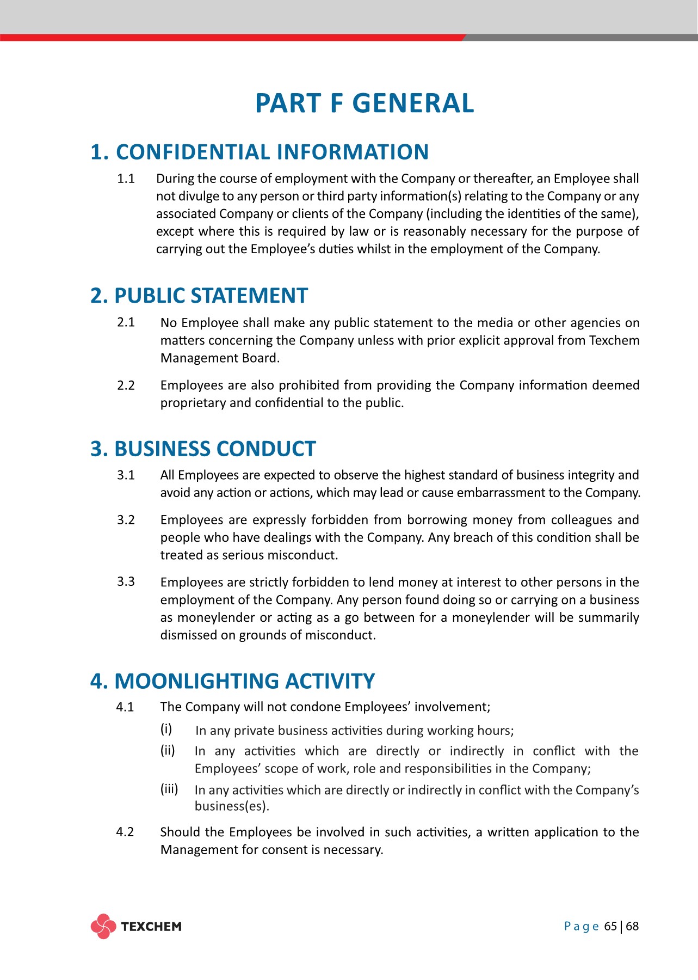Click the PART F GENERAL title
pyautogui.click(x=365, y=103)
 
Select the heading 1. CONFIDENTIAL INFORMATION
pyautogui.click(x=260, y=152)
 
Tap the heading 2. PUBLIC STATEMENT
pyautogui.click(x=199, y=296)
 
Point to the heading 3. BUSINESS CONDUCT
pyautogui.click(x=203, y=449)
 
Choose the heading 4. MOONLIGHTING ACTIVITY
pyautogui.click(x=232, y=681)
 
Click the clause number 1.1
pyautogui.click(x=126, y=179)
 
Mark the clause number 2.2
pyautogui.click(x=126, y=385)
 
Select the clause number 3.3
pyautogui.click(x=126, y=581)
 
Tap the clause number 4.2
pyautogui.click(x=125, y=832)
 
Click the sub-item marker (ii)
pyautogui.click(x=168, y=750)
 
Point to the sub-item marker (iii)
pyautogui.click(x=169, y=789)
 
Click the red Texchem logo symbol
pyautogui.click(x=103, y=926)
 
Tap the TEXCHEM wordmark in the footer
pyautogui.click(x=151, y=927)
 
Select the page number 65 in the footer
pyautogui.click(x=610, y=926)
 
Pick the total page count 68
pyautogui.click(x=632, y=926)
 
